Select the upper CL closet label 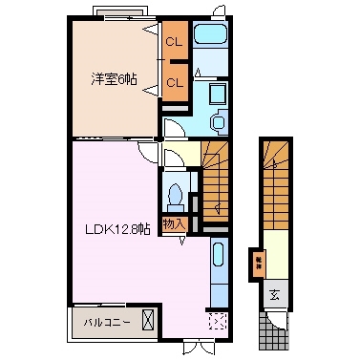pos(174,43)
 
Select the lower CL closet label pos(174,83)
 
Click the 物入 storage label pos(173,224)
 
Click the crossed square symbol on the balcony pos(148,319)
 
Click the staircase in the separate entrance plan pos(275,186)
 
